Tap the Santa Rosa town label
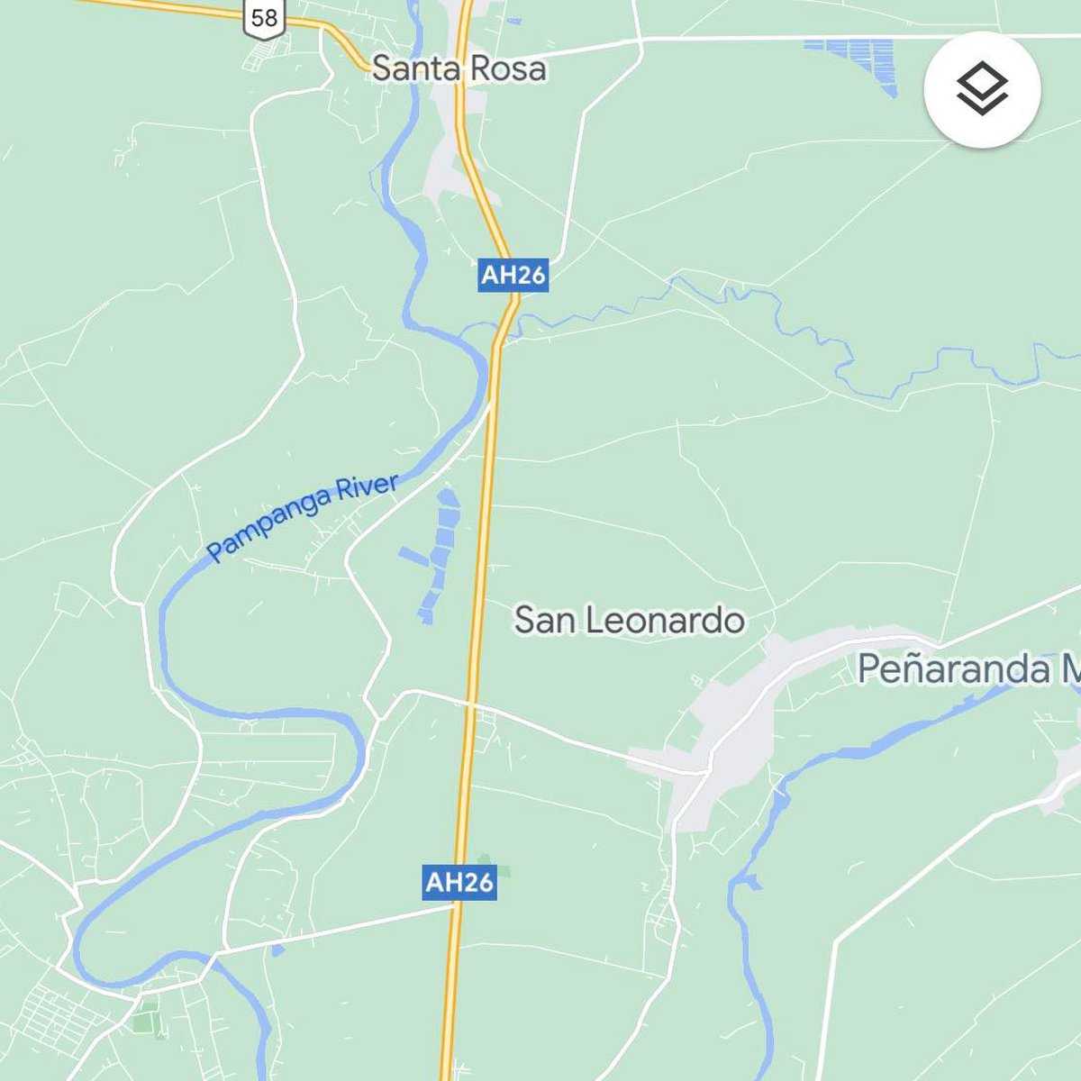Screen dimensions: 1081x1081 point(459,68)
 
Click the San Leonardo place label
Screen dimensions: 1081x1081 point(629,620)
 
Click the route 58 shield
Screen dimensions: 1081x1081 point(264,17)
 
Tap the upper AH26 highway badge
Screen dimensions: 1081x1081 point(513,275)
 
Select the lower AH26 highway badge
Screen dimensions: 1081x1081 point(459,882)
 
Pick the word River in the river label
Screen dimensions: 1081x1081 point(366,492)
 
